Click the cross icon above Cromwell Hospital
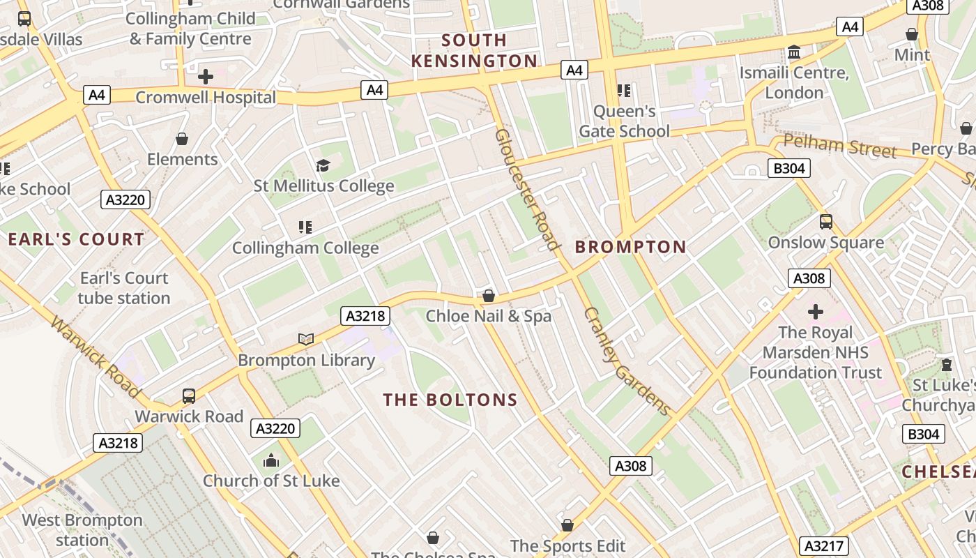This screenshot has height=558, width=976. pos(206,76)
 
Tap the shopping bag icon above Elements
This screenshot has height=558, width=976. pos(182,139)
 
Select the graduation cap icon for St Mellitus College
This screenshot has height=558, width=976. pos(323,165)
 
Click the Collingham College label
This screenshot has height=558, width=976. pos(305,248)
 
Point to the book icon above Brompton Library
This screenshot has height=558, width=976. pos(306,339)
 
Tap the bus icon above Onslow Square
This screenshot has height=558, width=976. pos(826,222)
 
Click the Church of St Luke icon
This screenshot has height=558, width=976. pos(271,460)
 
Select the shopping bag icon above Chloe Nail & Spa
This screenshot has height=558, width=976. pos(489,296)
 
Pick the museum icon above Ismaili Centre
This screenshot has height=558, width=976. pos(793,52)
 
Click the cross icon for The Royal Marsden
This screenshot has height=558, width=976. pos(816,311)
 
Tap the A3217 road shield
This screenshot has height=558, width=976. pos(823,545)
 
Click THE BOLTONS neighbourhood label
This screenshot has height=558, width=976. pos(450,400)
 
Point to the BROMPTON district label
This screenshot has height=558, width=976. pos(631,246)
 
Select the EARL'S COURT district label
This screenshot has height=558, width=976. pos(76,239)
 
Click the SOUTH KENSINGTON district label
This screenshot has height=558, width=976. pos(475,50)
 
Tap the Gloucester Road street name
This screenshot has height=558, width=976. pos(528,189)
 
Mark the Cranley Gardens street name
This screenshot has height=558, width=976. pos(627,361)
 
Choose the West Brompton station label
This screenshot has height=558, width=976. pos(82,530)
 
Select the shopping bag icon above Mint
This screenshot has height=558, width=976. pos(912,34)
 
